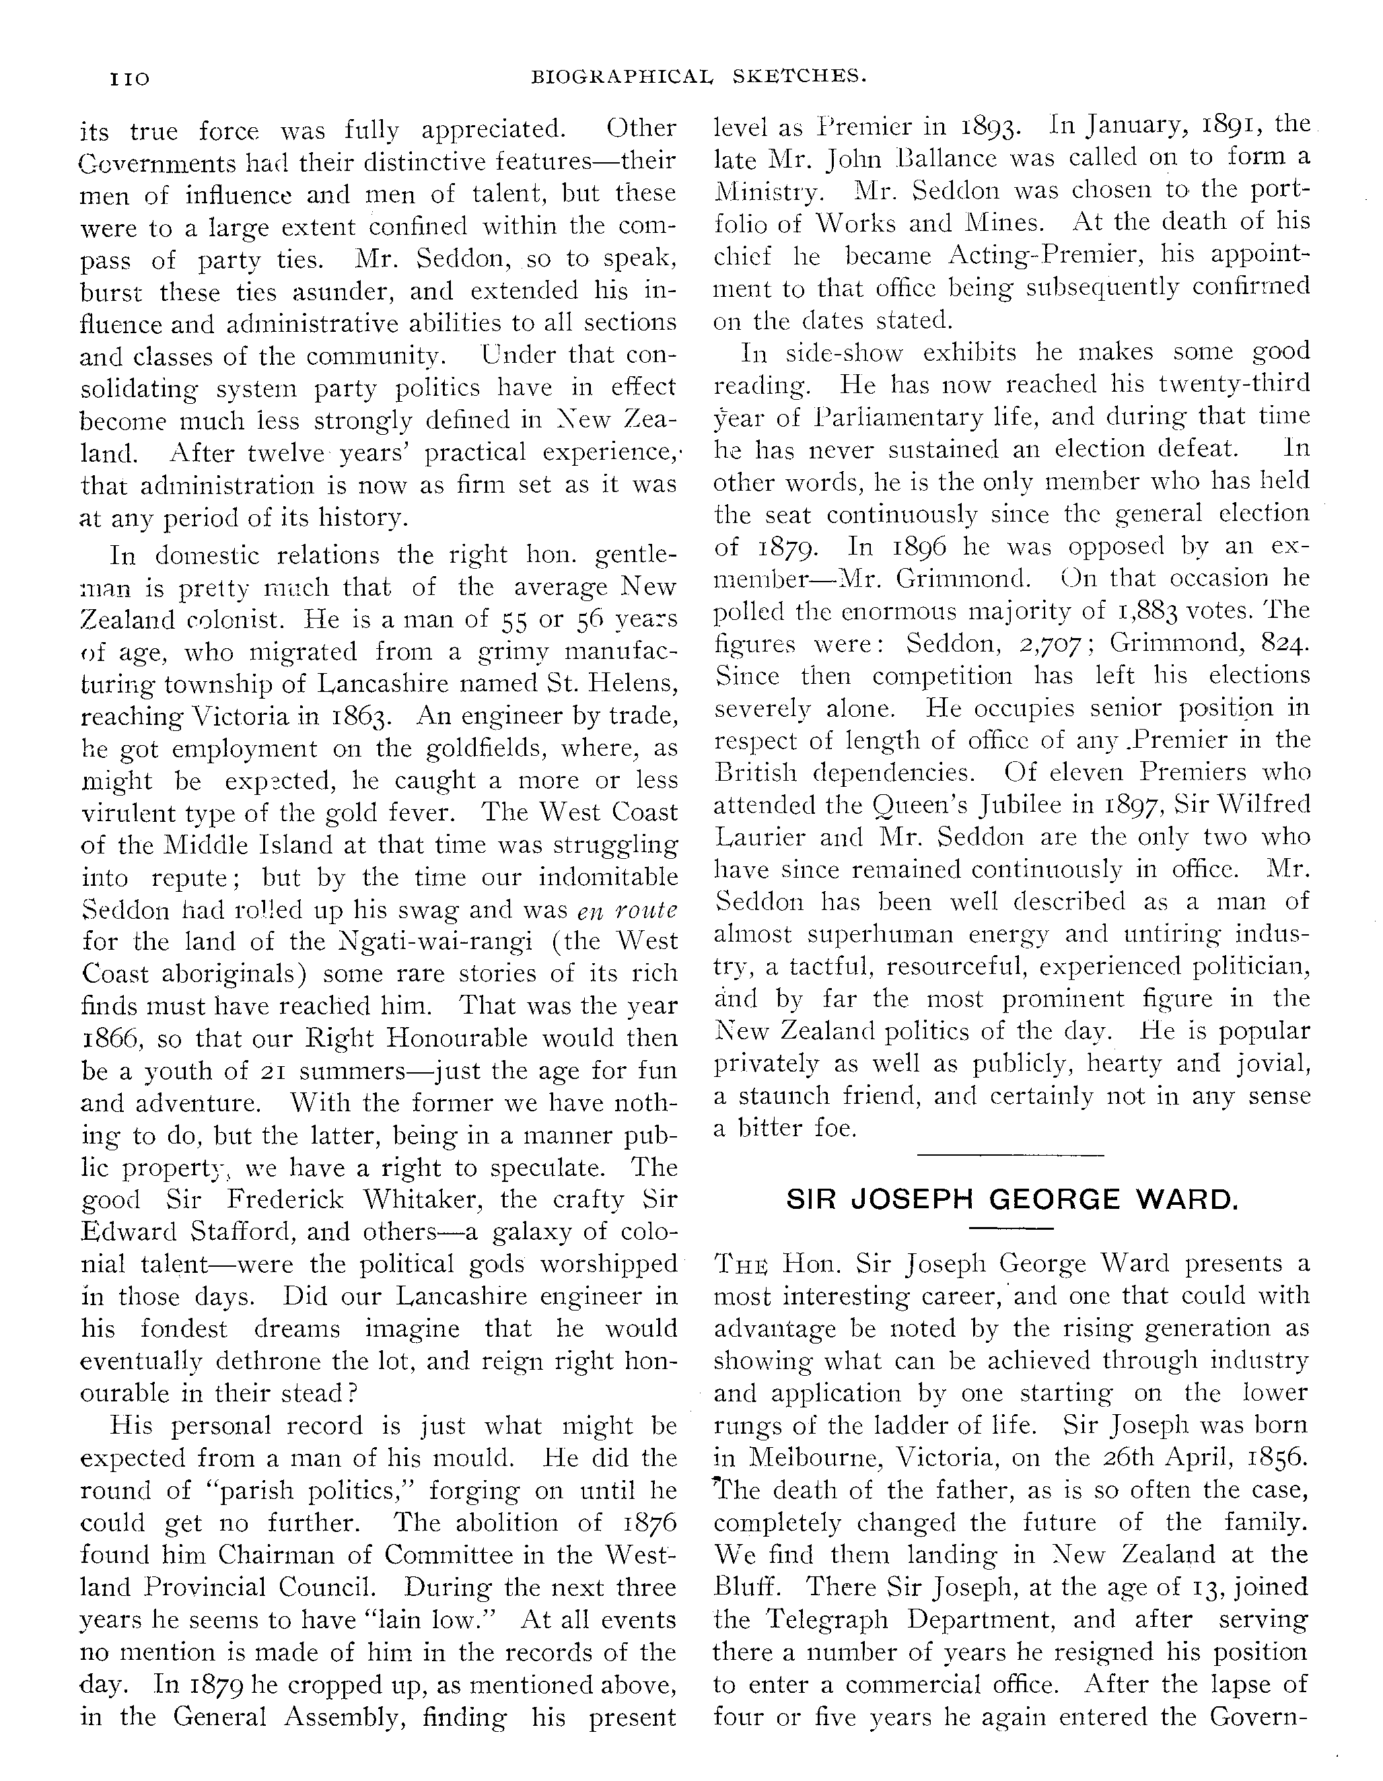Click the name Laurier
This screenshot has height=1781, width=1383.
(765, 837)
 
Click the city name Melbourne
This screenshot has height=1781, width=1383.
(816, 1457)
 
